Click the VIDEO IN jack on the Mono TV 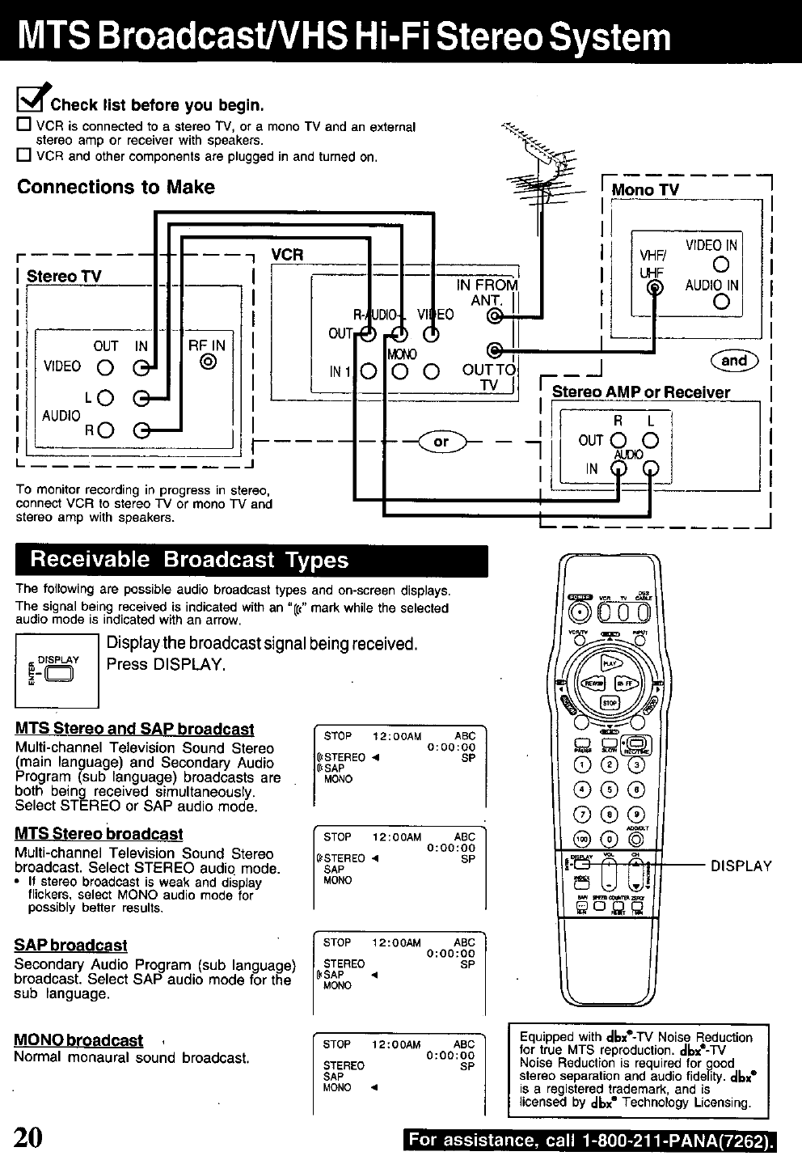coord(723,265)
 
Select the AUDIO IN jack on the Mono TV coord(723,303)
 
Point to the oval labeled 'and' coord(733,361)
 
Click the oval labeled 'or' coord(441,442)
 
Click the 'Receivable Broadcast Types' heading coord(189,561)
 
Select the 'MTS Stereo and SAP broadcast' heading coord(134,729)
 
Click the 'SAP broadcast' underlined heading coord(71,945)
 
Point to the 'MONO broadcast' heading coord(78,1040)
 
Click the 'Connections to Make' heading coord(116,188)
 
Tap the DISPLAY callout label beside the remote coord(741,866)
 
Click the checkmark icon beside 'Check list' coord(31,100)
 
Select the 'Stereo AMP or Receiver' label coord(640,392)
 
